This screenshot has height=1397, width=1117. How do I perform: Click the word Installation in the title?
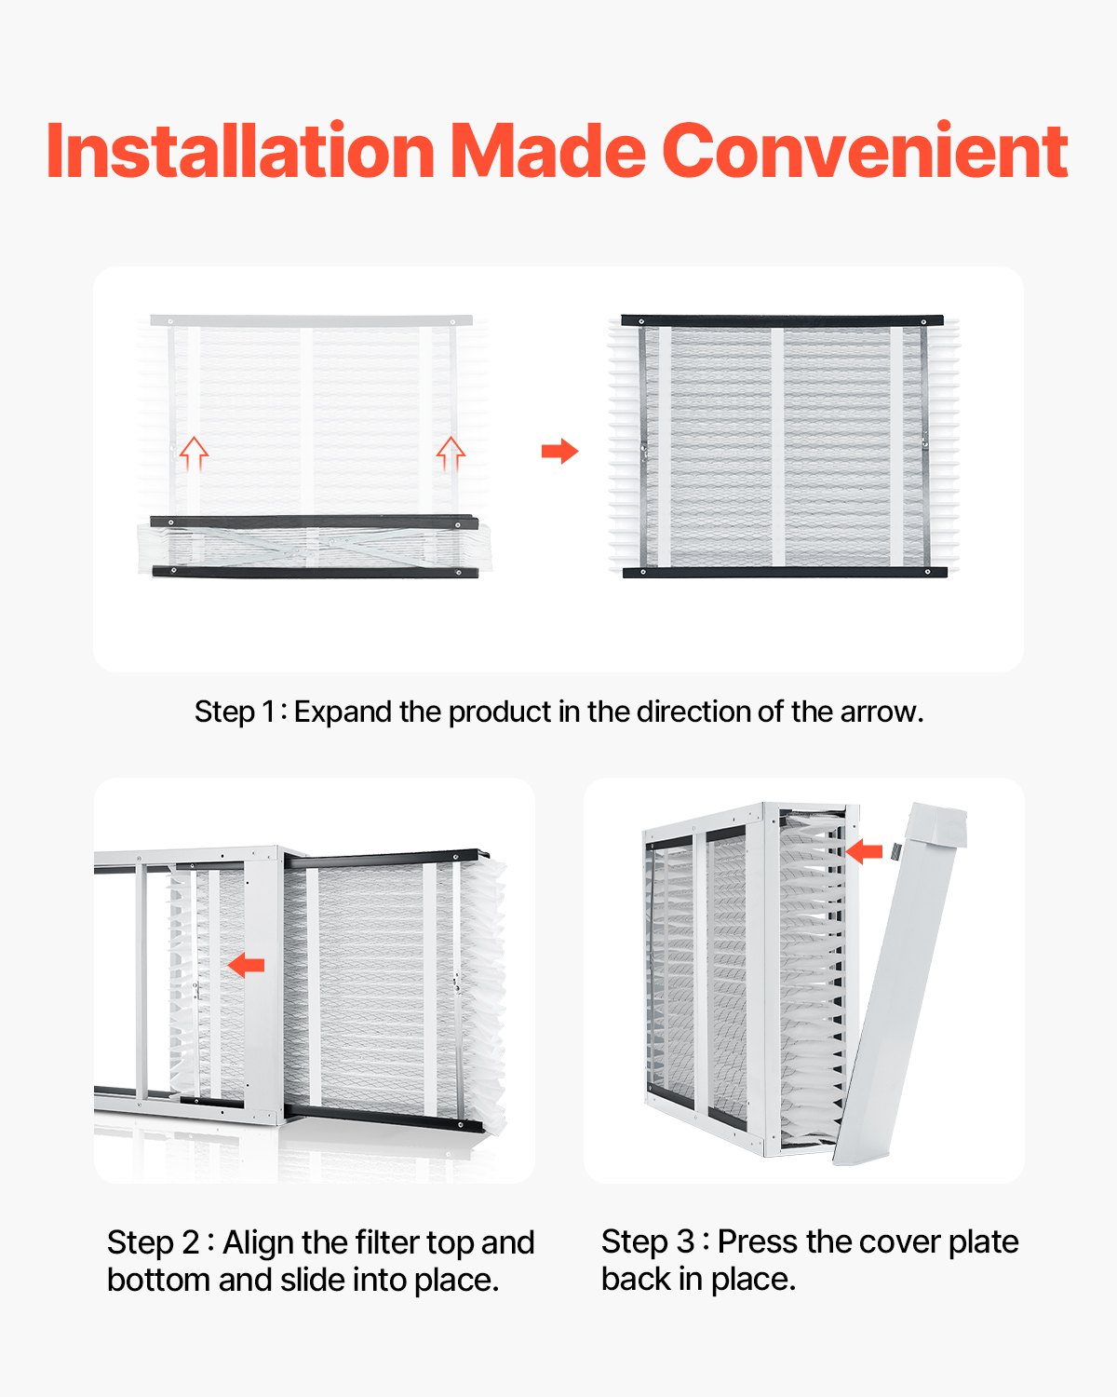point(240,151)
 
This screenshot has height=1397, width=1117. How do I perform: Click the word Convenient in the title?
point(865,151)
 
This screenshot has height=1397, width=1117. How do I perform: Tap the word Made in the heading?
point(548,151)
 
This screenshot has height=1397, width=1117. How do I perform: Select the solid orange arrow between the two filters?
point(559,452)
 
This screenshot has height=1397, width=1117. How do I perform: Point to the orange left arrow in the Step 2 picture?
point(247,966)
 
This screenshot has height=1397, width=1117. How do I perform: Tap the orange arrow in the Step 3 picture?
point(865,850)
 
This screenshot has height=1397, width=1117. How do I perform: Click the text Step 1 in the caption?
point(235,712)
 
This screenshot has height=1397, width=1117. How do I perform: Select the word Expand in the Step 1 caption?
point(343,712)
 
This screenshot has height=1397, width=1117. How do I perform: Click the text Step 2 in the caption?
point(153,1242)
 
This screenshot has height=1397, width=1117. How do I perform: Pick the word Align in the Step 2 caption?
point(258,1242)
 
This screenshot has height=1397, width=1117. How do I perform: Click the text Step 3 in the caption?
point(647,1241)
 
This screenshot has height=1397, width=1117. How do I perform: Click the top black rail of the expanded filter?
point(782,320)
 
